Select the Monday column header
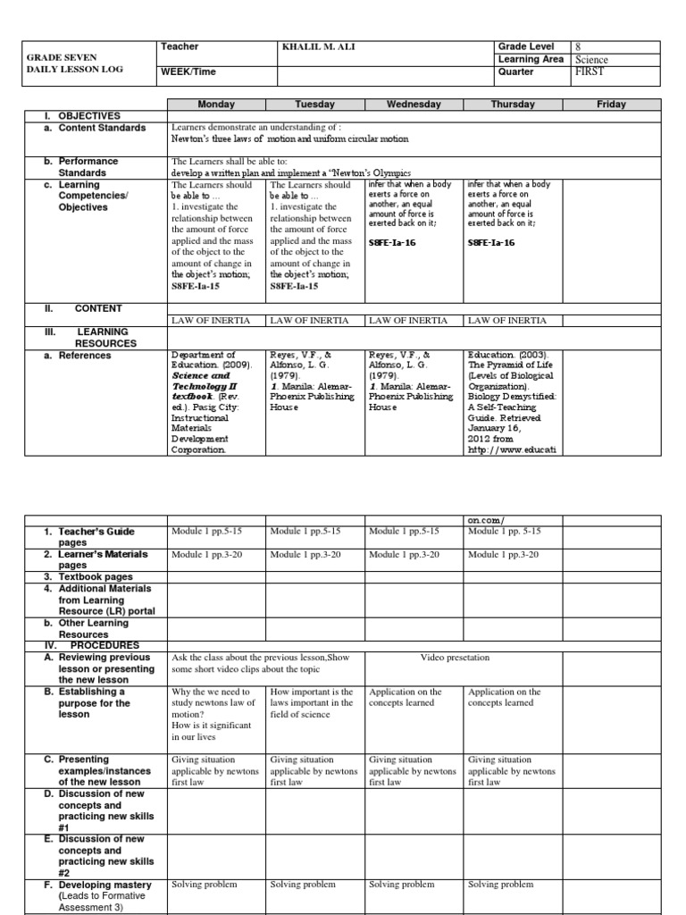216,105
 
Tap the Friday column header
611,105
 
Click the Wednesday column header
414,105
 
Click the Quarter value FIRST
592,73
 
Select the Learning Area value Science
591,60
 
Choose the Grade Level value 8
579,46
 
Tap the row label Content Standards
102,128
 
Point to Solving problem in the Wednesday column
402,885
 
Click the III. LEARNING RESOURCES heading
96,337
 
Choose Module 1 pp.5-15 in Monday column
206,532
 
